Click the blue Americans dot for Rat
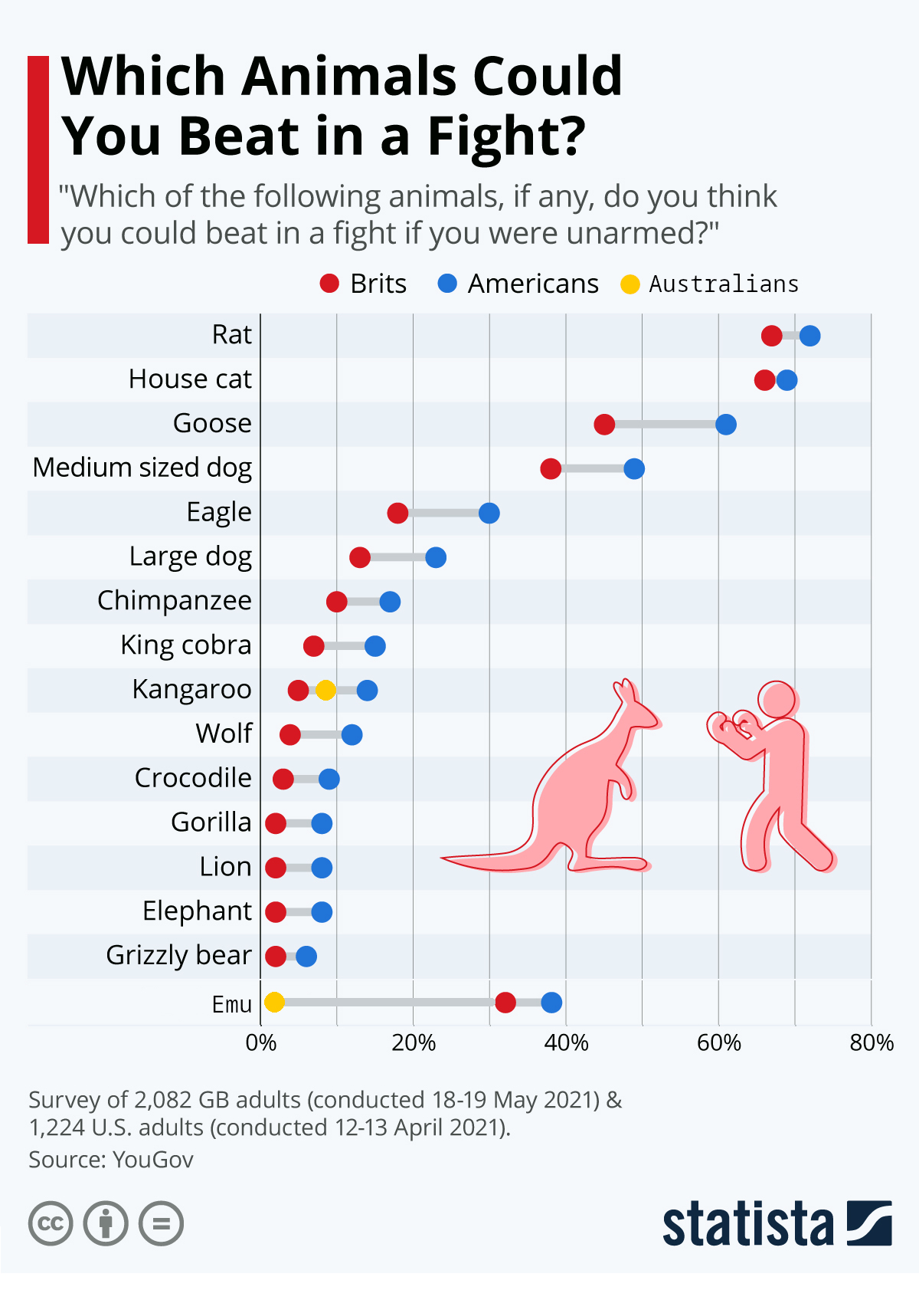pos(809,336)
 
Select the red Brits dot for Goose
pos(604,425)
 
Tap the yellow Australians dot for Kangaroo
pos(325,690)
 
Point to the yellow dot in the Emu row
pos(274,1002)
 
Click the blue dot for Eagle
pos(489,513)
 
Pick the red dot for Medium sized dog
pos(551,468)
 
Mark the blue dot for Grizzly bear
pos(306,956)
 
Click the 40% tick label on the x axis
pos(566,1042)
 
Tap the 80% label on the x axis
pos(872,1042)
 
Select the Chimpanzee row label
pos(175,601)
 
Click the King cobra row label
pos(186,645)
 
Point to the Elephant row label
pos(197,911)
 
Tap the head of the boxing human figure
pos(777,700)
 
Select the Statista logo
pos(777,1223)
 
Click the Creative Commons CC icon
pos(51,1223)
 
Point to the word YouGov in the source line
pos(152,1160)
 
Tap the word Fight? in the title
pos(506,136)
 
